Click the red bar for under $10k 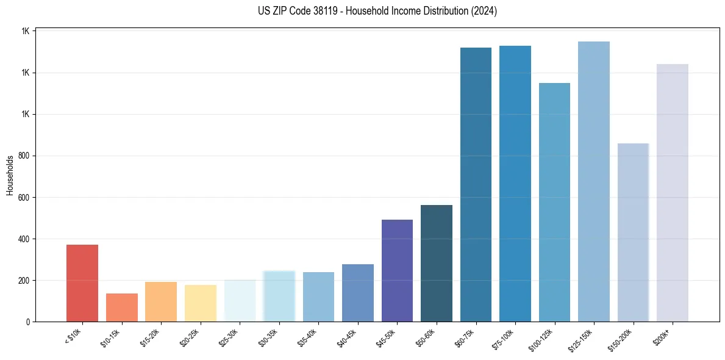tap(82, 283)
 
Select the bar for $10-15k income tap(121, 308)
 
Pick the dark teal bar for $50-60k tap(436, 263)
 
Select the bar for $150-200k tap(633, 232)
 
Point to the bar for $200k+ tap(672, 193)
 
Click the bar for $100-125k tap(554, 202)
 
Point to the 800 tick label tap(24, 156)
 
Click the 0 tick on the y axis tap(29, 322)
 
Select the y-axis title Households tap(10, 175)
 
